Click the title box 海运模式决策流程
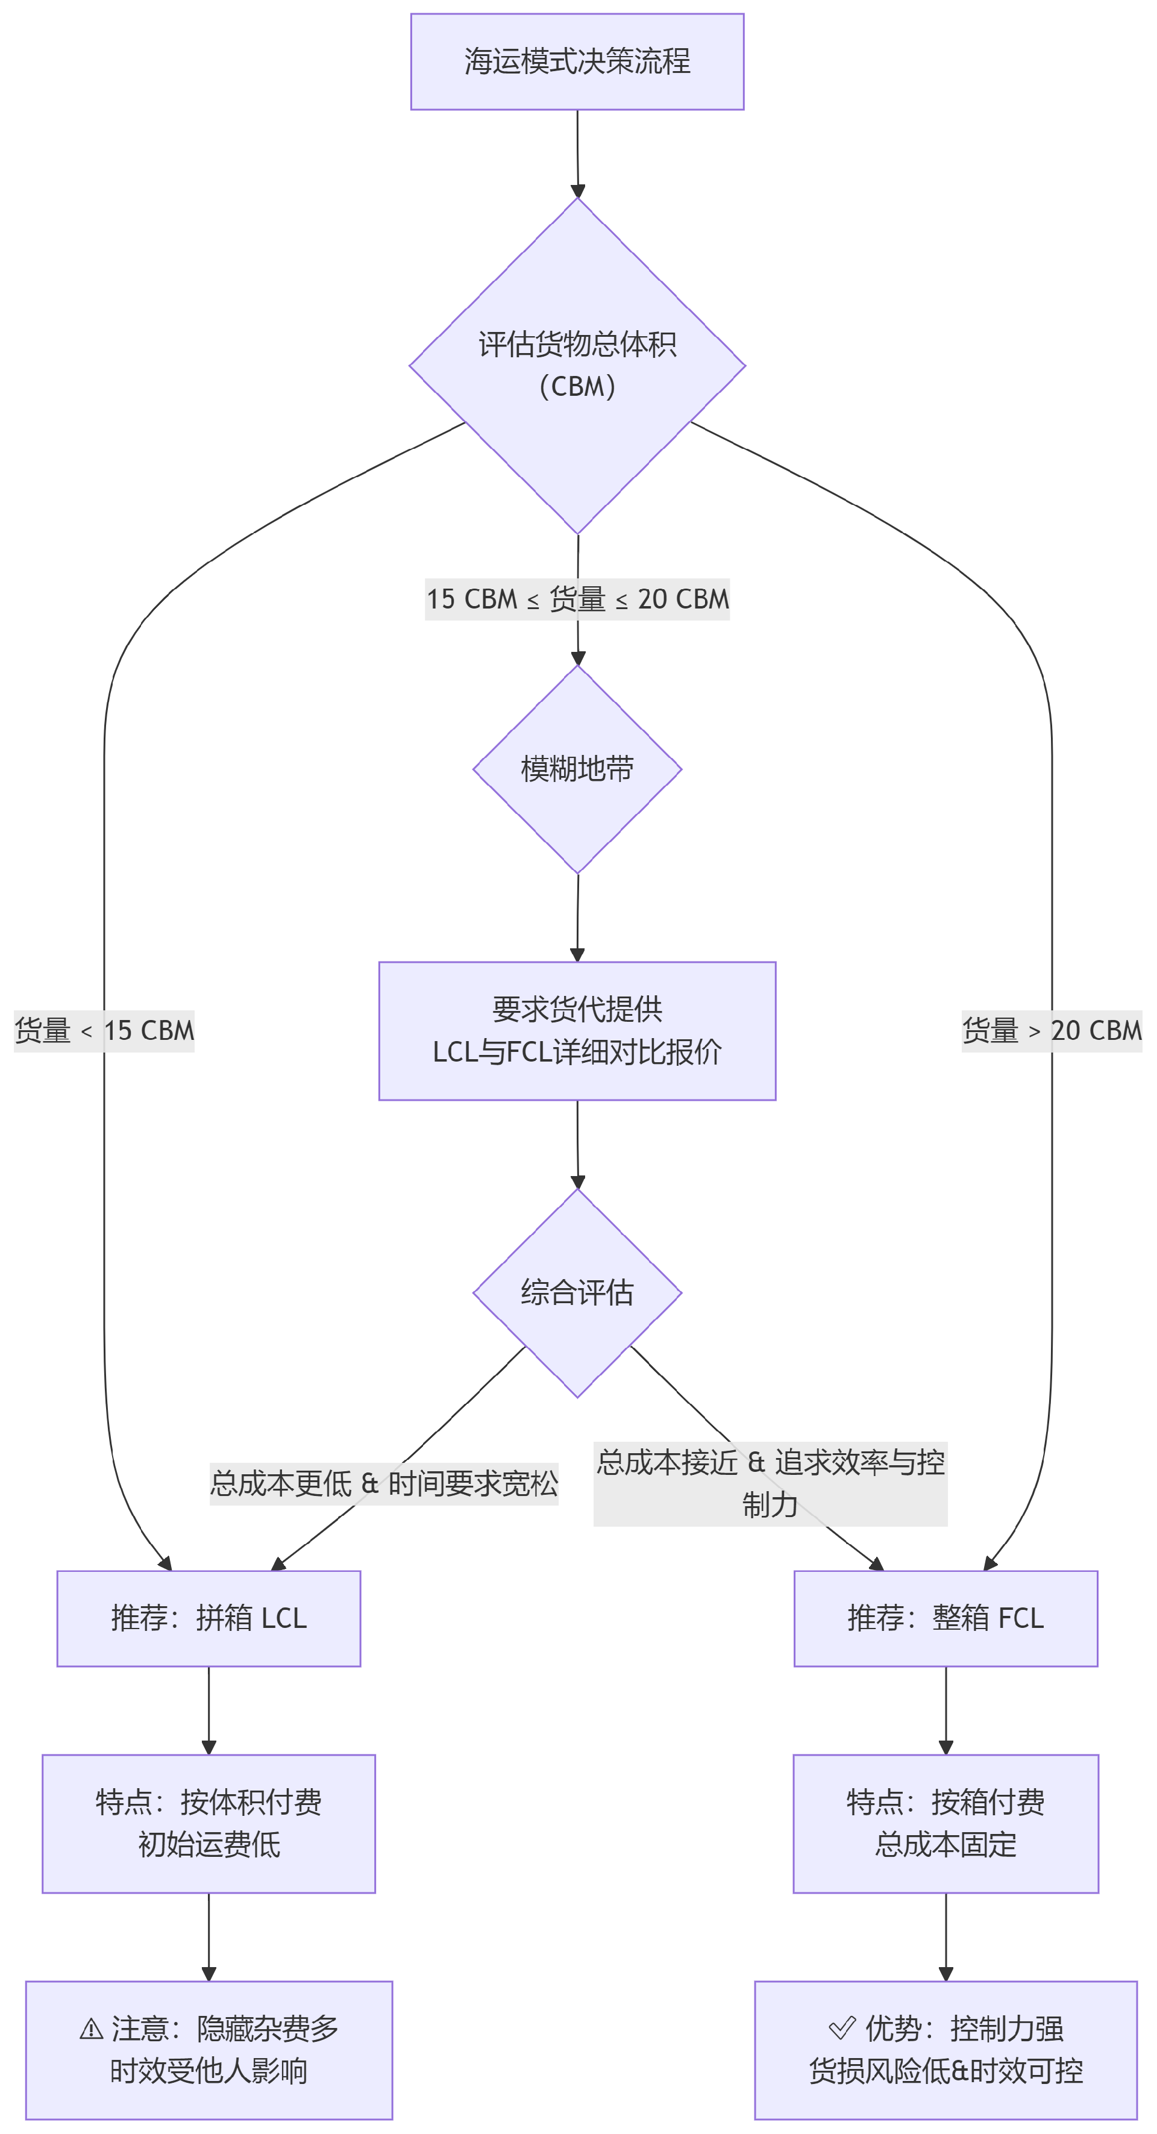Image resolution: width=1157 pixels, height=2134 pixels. click(x=577, y=61)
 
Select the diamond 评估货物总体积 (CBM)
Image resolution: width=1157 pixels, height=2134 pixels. click(x=577, y=365)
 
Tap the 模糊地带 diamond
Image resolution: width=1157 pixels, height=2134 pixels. click(x=577, y=769)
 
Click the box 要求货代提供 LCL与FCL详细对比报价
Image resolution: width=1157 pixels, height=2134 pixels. click(x=577, y=1030)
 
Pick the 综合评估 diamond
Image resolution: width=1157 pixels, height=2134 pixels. click(x=577, y=1292)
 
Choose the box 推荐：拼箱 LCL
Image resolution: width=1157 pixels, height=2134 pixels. click(x=209, y=1618)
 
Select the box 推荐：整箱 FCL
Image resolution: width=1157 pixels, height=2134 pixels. click(x=945, y=1618)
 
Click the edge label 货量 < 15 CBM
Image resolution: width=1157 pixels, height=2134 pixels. click(x=104, y=1030)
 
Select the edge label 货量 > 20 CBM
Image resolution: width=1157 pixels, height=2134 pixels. click(x=1052, y=1030)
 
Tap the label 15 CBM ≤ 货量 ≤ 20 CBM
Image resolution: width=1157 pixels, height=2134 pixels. click(x=577, y=599)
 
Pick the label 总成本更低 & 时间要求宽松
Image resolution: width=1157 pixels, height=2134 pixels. click(x=384, y=1483)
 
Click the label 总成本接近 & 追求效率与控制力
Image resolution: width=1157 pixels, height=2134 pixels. click(x=770, y=1483)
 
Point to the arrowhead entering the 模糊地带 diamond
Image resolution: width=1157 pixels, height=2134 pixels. click(x=578, y=659)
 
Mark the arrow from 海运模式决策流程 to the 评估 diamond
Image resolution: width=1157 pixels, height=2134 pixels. click(x=578, y=153)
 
